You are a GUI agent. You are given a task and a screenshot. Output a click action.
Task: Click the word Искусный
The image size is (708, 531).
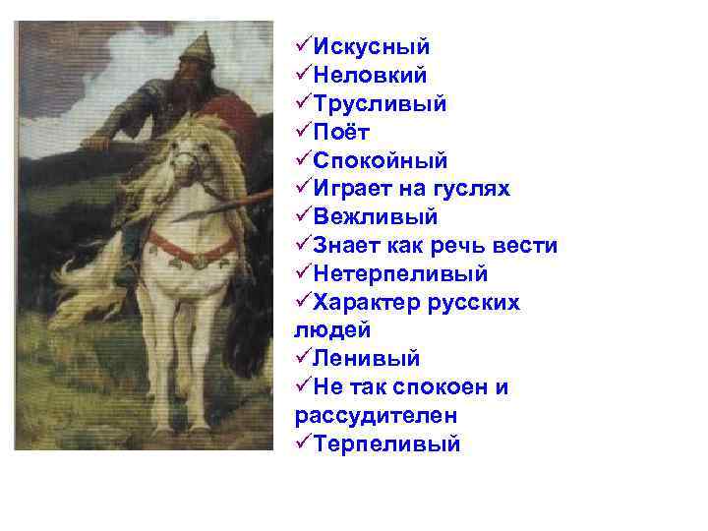(372, 46)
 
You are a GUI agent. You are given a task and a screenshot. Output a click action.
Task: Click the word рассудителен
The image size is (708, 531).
(376, 416)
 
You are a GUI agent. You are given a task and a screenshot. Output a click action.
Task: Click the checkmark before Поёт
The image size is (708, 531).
(303, 132)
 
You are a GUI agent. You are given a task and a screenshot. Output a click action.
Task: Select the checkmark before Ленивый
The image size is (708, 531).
(303, 359)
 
